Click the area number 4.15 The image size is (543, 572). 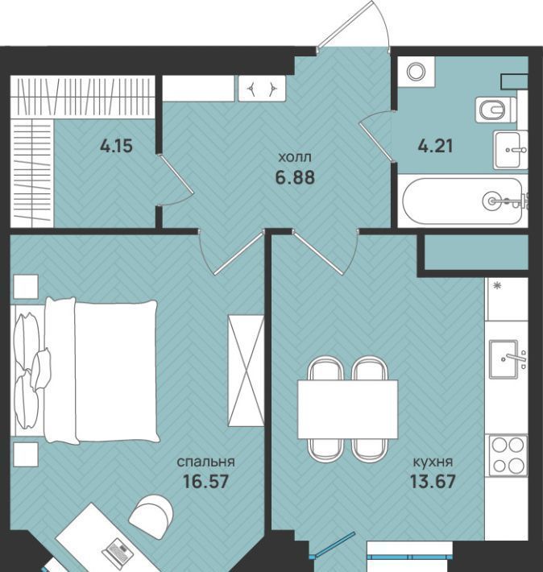pos(116,147)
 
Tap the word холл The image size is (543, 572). pos(295,158)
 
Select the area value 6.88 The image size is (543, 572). pos(295,178)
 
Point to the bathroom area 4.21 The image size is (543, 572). pos(435,147)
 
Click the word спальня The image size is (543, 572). pos(205,462)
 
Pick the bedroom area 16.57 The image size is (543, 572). pos(205,482)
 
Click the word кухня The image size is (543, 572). pos(433,462)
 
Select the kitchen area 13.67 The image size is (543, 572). pos(433,482)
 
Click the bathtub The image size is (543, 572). pos(462,201)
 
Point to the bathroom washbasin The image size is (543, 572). pos(510,150)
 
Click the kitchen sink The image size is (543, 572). pos(504,359)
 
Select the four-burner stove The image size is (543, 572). pos(508,455)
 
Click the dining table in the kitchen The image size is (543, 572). pos(348,409)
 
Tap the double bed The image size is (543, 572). pos(85,371)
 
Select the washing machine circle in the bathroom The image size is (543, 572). pos(415,72)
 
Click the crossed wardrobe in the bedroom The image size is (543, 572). pos(246,371)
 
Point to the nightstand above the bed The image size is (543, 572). pos(26,287)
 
